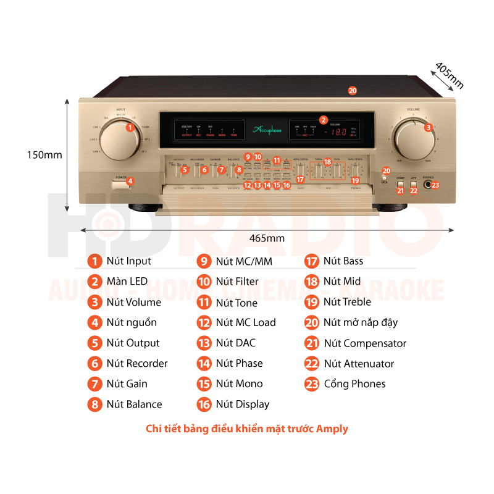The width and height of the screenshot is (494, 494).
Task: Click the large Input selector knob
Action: [x=119, y=140]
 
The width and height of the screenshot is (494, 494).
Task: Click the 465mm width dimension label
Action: [x=267, y=238]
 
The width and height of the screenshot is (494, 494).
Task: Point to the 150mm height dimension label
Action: [x=44, y=155]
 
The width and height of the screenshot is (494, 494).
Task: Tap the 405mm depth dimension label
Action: [x=449, y=75]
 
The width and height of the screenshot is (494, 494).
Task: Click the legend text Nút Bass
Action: [x=343, y=261]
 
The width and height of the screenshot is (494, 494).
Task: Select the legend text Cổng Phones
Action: [x=354, y=384]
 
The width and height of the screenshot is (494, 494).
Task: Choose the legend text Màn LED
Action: [x=127, y=282]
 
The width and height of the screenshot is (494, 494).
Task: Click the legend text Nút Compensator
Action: [x=365, y=343]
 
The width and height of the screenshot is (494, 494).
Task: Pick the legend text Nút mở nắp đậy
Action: [x=361, y=322]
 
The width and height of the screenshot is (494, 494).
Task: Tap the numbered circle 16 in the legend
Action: [x=204, y=404]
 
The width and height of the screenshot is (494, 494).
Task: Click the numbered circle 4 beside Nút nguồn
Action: [x=94, y=322]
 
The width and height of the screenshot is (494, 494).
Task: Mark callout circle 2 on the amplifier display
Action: [x=323, y=120]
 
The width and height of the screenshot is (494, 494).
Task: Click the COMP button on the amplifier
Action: [x=400, y=184]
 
